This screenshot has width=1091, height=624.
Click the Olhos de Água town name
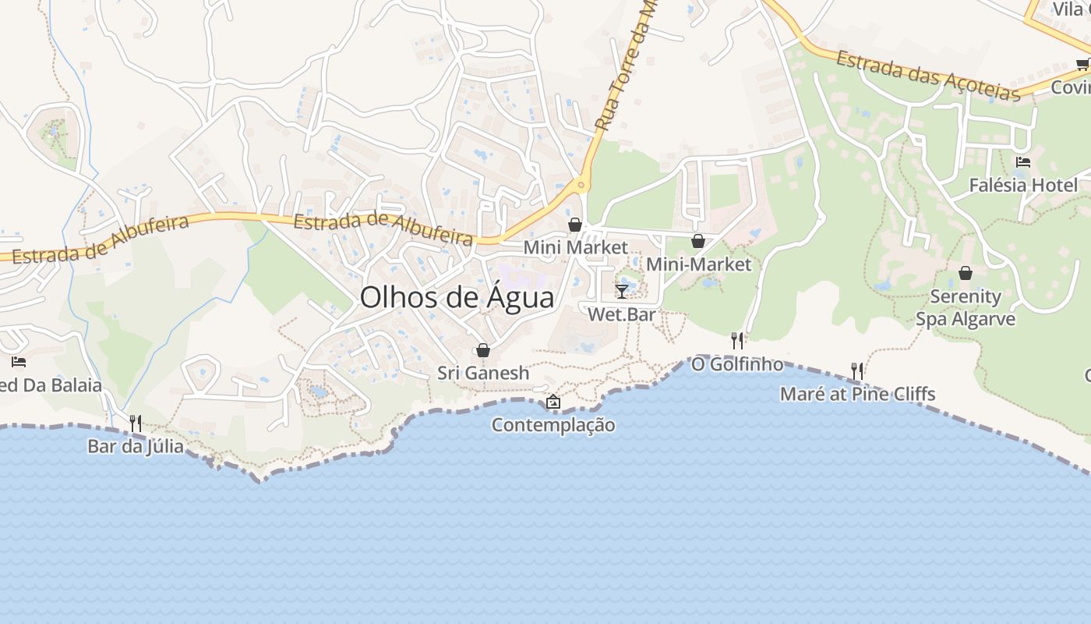point(457,298)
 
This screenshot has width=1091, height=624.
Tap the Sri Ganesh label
point(483,373)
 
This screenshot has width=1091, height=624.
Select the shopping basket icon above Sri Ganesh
point(483,350)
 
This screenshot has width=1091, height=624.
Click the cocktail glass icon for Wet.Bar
point(622,291)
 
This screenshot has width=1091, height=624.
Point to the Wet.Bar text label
point(622,314)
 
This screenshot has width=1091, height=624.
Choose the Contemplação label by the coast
point(553,425)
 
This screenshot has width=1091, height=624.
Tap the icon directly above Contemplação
point(553,402)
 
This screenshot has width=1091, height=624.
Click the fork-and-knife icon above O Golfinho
point(737,340)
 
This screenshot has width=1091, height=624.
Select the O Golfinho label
point(737,363)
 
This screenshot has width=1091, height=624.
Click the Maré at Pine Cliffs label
point(857,394)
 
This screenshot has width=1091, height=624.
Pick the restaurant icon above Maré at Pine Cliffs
point(857,370)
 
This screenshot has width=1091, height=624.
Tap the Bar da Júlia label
point(136,446)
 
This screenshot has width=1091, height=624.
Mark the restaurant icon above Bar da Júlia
point(136,424)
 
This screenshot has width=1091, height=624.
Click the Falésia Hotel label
point(1023,185)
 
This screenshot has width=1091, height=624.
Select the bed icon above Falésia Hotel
point(1023,162)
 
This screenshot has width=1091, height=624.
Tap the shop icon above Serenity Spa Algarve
point(966,273)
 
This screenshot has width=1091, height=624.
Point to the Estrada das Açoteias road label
point(928,76)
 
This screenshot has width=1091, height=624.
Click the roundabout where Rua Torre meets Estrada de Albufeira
point(581,186)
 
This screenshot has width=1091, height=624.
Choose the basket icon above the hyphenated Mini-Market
point(698,242)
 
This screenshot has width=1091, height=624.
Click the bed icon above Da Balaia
point(19,362)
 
